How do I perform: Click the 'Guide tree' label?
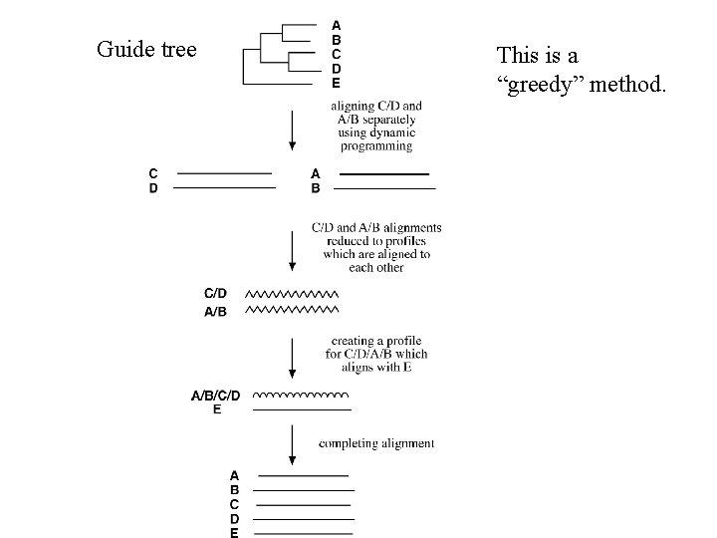click(146, 49)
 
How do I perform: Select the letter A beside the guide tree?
click(336, 24)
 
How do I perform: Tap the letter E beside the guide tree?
click(336, 84)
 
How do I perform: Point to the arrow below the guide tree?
click(292, 129)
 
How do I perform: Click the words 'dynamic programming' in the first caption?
click(375, 139)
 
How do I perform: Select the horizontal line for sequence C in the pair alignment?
click(224, 173)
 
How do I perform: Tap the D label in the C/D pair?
click(153, 187)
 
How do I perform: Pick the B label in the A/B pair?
click(316, 187)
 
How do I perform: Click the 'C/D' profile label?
click(215, 294)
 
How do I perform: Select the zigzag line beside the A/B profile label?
click(291, 311)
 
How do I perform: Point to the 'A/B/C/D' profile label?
click(215, 396)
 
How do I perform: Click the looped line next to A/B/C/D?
click(302, 396)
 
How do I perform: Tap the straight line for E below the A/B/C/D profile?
click(302, 409)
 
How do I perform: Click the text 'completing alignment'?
click(375, 442)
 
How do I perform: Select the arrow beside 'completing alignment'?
click(292, 444)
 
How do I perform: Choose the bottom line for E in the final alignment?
click(303, 533)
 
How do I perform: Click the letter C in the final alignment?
click(234, 504)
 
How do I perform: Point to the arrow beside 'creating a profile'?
click(292, 356)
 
